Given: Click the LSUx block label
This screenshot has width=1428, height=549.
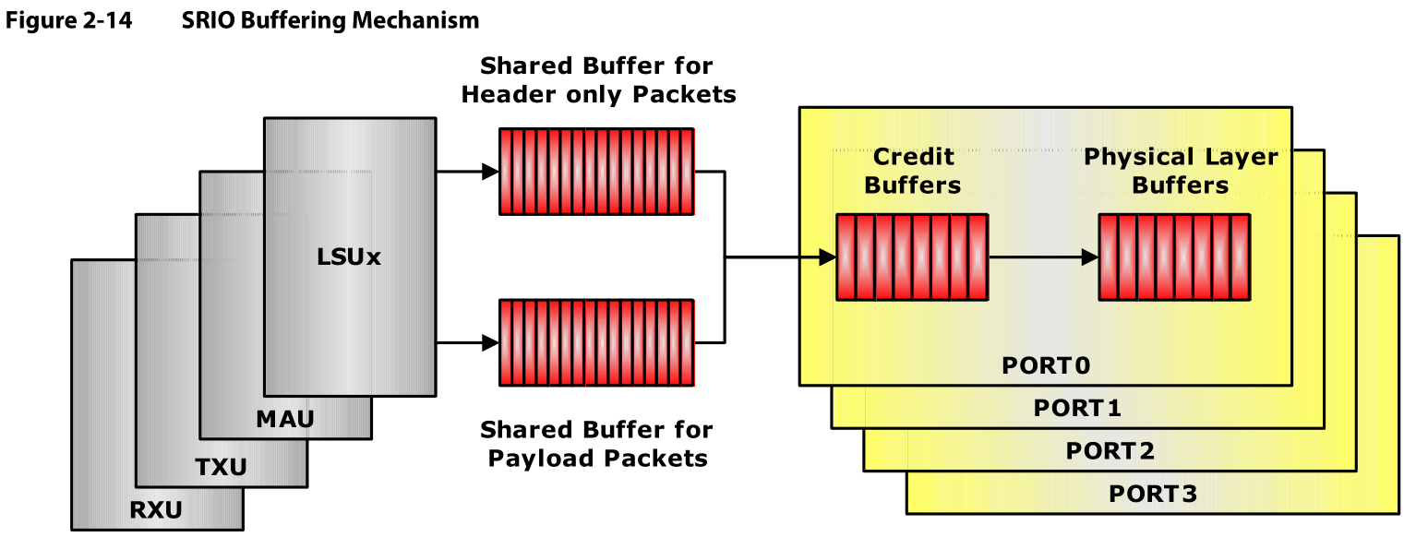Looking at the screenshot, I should pos(349,257).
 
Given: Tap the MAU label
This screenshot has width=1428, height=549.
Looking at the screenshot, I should pos(284,420).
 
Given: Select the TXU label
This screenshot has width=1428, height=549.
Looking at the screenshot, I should pos(221,468).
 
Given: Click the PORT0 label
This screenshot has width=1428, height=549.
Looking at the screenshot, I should pos(1046,365).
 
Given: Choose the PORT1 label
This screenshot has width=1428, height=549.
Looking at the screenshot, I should pos(1077,408).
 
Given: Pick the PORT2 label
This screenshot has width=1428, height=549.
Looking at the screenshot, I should pos(1110,451).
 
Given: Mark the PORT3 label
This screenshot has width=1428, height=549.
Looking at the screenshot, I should pos(1152,494).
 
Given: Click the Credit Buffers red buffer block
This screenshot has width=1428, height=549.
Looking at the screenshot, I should pos(912,257).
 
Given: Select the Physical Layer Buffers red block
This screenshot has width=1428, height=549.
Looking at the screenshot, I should pos(1174,257).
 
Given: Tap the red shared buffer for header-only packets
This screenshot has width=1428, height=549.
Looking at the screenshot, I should pos(596,172).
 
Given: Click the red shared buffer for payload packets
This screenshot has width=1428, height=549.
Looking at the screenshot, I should pos(596,342).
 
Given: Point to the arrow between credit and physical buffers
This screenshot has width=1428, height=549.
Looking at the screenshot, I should pos(1043,257).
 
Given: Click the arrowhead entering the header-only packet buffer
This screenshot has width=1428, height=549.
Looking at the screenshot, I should pos(489,172).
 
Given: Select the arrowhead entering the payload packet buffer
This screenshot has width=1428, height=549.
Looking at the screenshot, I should pos(489,342).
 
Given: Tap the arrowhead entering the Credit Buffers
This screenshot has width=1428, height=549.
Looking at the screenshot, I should pos(827,257).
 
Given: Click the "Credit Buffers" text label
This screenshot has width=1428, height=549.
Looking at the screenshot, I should pos(912,171).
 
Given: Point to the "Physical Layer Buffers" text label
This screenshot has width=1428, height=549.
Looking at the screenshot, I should pos(1181,171).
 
